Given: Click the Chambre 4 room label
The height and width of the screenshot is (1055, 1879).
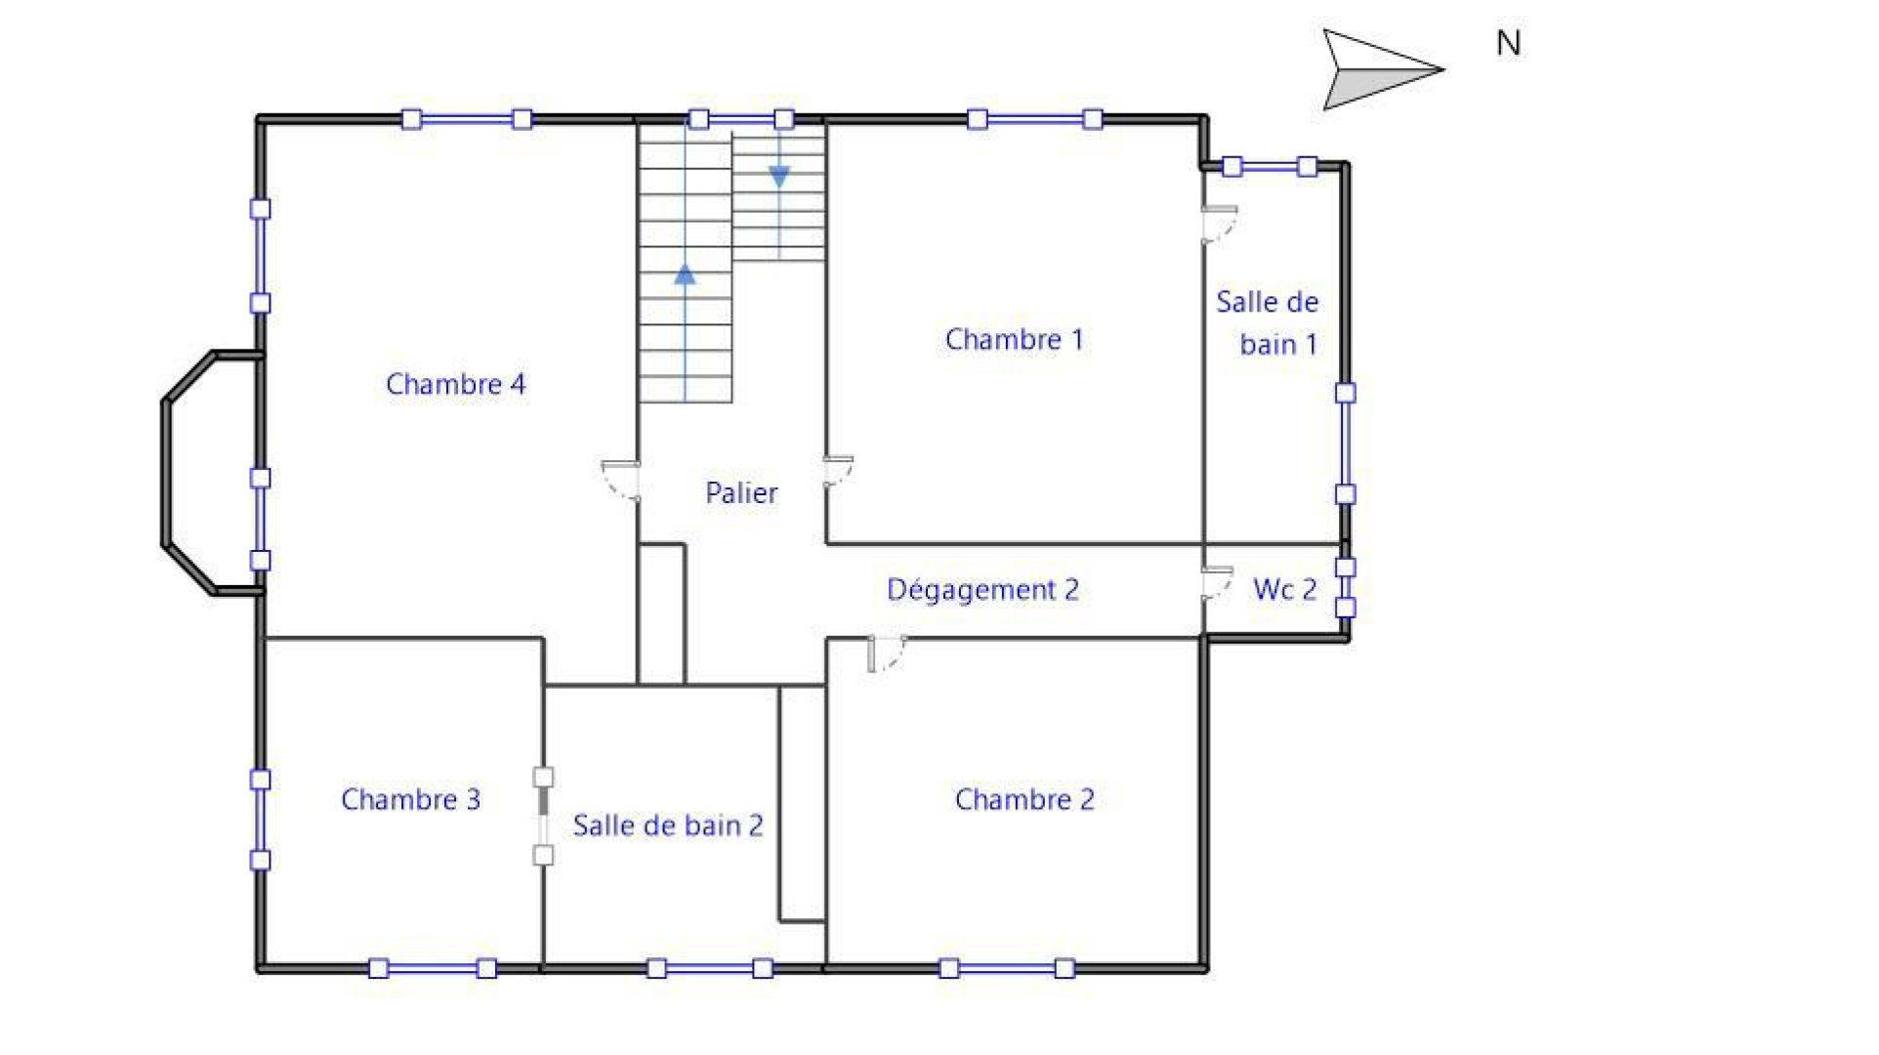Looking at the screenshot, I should click(455, 384).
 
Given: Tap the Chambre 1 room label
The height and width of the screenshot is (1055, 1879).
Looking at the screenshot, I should click(1014, 339).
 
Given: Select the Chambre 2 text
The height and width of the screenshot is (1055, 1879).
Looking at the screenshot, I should click(1023, 799).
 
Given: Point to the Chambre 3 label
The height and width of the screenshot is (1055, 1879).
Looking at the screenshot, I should click(410, 799).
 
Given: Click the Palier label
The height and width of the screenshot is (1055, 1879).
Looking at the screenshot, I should click(741, 492).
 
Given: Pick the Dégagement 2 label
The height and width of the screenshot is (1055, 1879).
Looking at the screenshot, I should click(982, 589).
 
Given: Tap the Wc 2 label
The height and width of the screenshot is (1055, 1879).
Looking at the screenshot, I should click(1284, 589).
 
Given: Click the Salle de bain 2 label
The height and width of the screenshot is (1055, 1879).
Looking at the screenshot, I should click(667, 825).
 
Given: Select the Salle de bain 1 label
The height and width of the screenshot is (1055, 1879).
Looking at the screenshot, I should click(1268, 322).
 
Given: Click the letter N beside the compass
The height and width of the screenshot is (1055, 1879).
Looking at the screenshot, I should click(1508, 43).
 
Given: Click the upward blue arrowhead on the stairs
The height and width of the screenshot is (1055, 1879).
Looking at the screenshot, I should click(686, 274).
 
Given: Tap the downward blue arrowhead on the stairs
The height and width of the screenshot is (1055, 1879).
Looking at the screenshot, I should click(779, 177).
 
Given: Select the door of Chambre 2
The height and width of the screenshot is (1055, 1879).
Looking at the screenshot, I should click(886, 654).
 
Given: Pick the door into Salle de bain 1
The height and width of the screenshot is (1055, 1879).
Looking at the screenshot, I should click(1219, 224).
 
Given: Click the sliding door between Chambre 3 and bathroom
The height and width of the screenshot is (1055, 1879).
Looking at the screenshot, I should click(543, 817).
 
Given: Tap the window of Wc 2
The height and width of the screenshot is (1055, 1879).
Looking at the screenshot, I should click(1346, 587).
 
